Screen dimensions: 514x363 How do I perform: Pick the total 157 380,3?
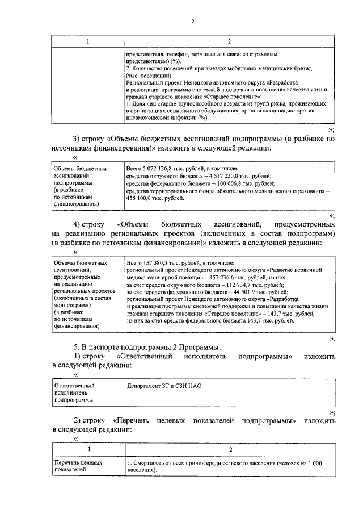161,264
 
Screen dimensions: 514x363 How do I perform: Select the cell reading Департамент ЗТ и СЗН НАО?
164,386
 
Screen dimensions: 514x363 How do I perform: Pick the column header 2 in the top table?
228,42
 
